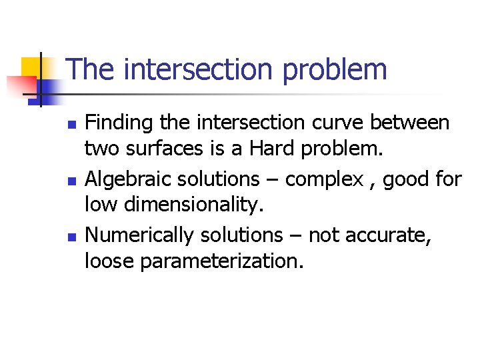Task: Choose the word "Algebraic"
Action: [x=127, y=179]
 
